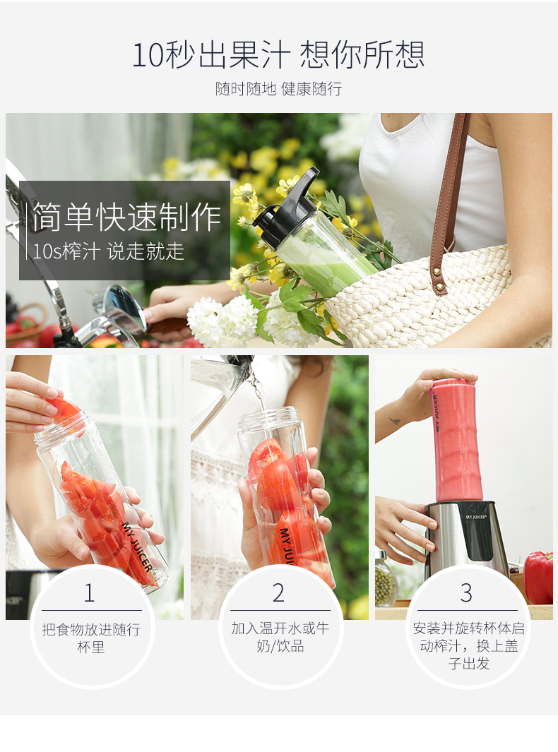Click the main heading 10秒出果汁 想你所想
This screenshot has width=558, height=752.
278,54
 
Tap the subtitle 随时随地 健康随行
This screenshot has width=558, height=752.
279,89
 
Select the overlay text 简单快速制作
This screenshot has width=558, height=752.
127,217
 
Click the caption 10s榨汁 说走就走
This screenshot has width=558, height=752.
109,251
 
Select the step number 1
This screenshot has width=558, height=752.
89,593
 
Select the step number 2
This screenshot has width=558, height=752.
279,593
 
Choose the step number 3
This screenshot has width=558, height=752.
466,593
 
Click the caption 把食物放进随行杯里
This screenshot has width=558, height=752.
91,638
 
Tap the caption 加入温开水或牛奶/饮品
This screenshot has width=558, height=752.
280,637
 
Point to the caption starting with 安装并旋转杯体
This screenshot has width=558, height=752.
469,645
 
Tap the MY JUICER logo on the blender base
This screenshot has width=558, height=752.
476,517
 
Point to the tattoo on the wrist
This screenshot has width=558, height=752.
395,422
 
